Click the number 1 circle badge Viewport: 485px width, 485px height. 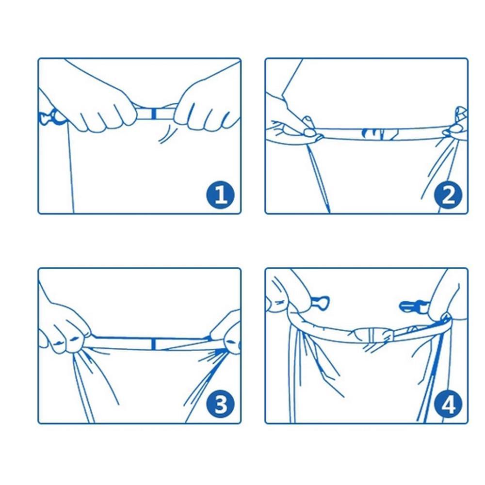[221, 195]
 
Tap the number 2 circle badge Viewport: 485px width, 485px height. [448, 195]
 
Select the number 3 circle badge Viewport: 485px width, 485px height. [221, 404]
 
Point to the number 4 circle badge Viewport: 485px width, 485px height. [448, 404]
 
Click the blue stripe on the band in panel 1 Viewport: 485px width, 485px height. [154, 113]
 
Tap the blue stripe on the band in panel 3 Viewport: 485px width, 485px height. [153, 344]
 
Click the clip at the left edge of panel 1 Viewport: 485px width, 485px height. [50, 117]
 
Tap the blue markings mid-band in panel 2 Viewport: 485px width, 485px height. [380, 134]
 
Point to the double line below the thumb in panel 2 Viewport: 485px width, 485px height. [319, 178]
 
